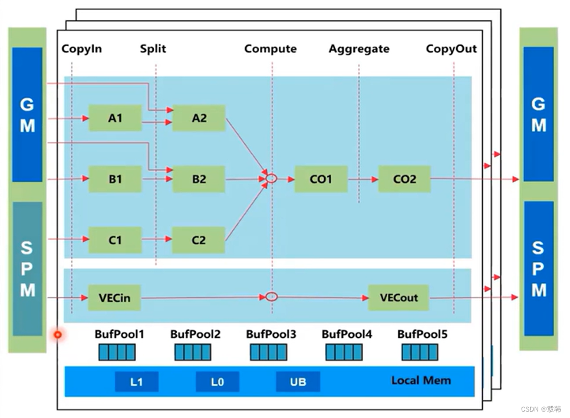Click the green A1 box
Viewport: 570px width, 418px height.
pyautogui.click(x=115, y=118)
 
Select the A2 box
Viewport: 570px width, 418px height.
pyautogui.click(x=199, y=118)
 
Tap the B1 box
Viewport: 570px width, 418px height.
pyautogui.click(x=115, y=179)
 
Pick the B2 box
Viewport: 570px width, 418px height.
pyautogui.click(x=199, y=179)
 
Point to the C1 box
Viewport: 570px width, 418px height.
pyautogui.click(x=115, y=240)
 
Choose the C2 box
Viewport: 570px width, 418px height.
pyautogui.click(x=199, y=240)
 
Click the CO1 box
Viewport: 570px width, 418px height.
pyautogui.click(x=321, y=179)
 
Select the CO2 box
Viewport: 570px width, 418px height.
pyautogui.click(x=404, y=179)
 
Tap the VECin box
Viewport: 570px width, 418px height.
pyautogui.click(x=115, y=298)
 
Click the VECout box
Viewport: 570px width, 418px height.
pyautogui.click(x=398, y=298)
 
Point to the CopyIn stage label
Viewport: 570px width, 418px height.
pyautogui.click(x=81, y=49)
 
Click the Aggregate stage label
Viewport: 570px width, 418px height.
pyautogui.click(x=359, y=49)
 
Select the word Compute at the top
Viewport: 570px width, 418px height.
pyautogui.click(x=271, y=49)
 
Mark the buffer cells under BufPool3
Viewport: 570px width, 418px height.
pyautogui.click(x=268, y=353)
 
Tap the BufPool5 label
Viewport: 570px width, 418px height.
pyautogui.click(x=422, y=334)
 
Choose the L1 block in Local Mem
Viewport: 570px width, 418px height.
pyautogui.click(x=136, y=381)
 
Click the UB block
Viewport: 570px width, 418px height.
pyautogui.click(x=298, y=381)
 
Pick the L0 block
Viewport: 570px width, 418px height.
pyautogui.click(x=218, y=381)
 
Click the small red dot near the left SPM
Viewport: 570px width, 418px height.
pyautogui.click(x=58, y=335)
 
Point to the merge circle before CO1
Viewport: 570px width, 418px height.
pyautogui.click(x=271, y=178)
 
